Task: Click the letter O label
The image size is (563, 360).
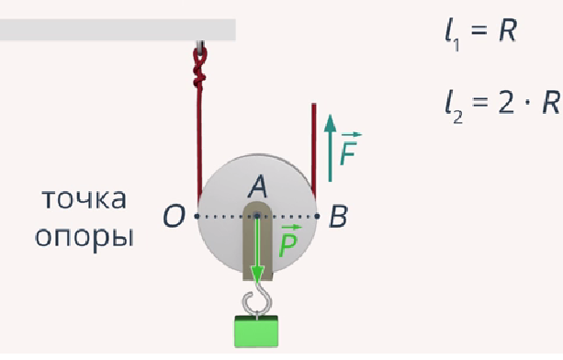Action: click(x=175, y=217)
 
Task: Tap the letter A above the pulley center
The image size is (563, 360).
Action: click(x=258, y=187)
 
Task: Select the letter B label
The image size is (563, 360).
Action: click(x=338, y=217)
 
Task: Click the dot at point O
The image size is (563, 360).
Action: click(x=197, y=216)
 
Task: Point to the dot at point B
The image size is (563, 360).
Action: click(x=317, y=216)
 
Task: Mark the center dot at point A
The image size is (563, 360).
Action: click(x=257, y=216)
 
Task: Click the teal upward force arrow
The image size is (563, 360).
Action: click(x=330, y=148)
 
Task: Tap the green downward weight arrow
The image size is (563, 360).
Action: click(x=257, y=250)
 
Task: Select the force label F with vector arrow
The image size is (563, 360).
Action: click(x=349, y=149)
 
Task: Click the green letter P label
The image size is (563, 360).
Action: click(x=289, y=242)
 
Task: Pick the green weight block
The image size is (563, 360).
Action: click(x=256, y=332)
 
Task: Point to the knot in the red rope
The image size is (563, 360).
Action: click(x=199, y=70)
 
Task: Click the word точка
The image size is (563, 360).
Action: click(x=84, y=199)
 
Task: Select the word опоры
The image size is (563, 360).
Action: click(x=84, y=238)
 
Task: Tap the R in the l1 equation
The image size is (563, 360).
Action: click(x=508, y=31)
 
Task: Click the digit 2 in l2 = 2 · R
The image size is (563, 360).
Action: click(x=506, y=103)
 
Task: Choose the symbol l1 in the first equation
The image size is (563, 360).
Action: click(x=451, y=34)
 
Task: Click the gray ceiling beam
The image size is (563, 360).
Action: click(x=118, y=29)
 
